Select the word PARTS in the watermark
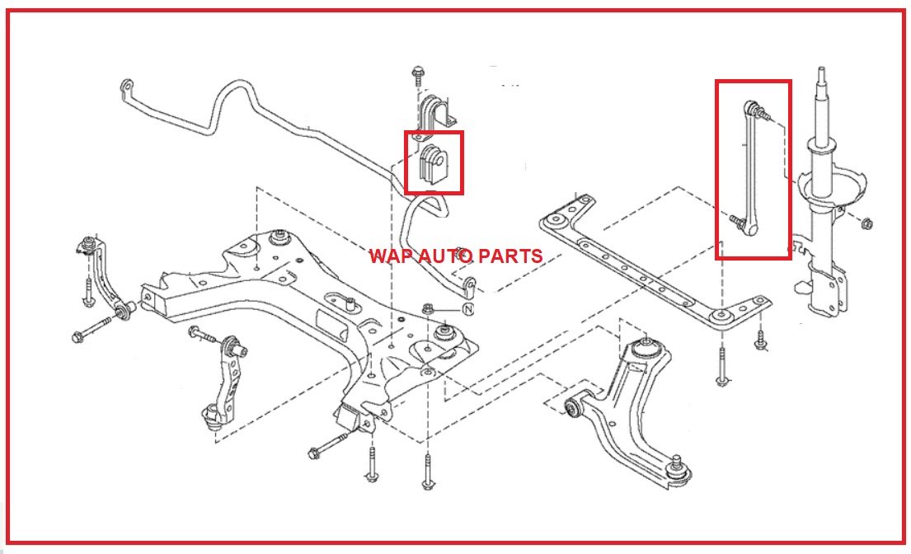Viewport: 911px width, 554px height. [x=514, y=256]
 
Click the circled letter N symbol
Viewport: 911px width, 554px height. [x=467, y=310]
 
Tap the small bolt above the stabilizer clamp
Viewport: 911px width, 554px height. [x=416, y=77]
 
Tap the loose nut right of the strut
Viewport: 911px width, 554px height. [x=866, y=223]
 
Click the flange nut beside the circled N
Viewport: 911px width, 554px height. [x=428, y=310]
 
